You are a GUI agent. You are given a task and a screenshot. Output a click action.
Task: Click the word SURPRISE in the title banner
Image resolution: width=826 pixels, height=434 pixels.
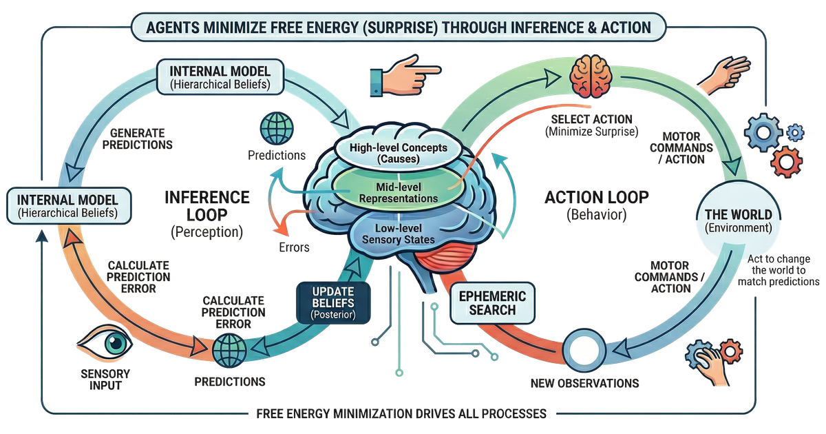tap(425, 28)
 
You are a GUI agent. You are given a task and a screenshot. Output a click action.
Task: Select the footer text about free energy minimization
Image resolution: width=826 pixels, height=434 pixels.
tap(401, 413)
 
